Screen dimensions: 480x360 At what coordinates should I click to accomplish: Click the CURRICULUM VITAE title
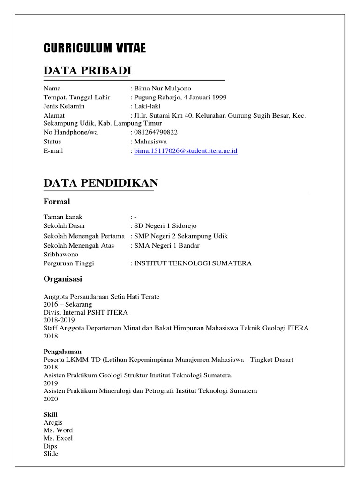click(94, 48)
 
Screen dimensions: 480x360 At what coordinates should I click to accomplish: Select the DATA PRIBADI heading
click(87, 70)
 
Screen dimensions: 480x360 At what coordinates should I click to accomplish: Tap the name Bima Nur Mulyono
click(163, 89)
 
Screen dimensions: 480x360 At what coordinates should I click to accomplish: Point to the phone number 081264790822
click(156, 133)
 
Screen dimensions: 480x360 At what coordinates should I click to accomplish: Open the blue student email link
click(186, 151)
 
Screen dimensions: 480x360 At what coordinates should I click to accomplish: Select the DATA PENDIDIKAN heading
click(100, 183)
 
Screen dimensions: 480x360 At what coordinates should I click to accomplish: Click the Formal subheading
click(57, 202)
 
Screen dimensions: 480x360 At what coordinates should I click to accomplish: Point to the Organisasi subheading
click(63, 279)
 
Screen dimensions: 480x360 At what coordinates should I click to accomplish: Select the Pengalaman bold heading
click(62, 351)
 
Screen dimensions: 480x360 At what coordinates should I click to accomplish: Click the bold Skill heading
click(50, 414)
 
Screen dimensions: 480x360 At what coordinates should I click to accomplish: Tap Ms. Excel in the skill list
click(58, 438)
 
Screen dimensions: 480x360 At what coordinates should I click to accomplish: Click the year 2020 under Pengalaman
click(51, 399)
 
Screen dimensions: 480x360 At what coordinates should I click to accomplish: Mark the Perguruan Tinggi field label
click(68, 263)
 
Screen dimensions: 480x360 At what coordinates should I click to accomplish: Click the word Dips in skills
click(50, 446)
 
